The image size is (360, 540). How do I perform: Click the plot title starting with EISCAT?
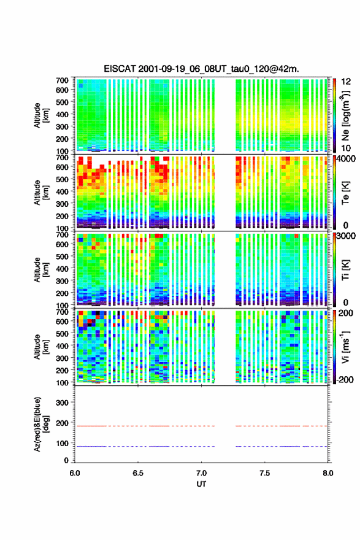click(201, 69)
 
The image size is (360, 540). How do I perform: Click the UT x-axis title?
click(201, 484)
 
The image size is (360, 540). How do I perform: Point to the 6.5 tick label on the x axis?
click(138, 473)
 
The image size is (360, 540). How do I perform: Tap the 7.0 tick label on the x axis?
click(201, 473)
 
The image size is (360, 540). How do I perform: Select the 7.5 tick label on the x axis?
click(265, 473)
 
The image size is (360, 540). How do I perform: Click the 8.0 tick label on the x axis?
click(328, 473)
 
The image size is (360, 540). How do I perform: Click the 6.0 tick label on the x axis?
click(75, 473)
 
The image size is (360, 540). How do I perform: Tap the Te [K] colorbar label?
click(345, 193)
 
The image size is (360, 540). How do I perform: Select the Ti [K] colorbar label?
click(345, 270)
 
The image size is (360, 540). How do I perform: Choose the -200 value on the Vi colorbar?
click(345, 379)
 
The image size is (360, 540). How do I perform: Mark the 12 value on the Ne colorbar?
click(347, 82)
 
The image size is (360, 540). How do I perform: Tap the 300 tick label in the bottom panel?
click(62, 403)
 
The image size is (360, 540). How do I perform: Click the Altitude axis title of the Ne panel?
click(40, 115)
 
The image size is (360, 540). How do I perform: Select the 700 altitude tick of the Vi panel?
click(62, 312)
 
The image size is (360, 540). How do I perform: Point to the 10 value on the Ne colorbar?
click(347, 148)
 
